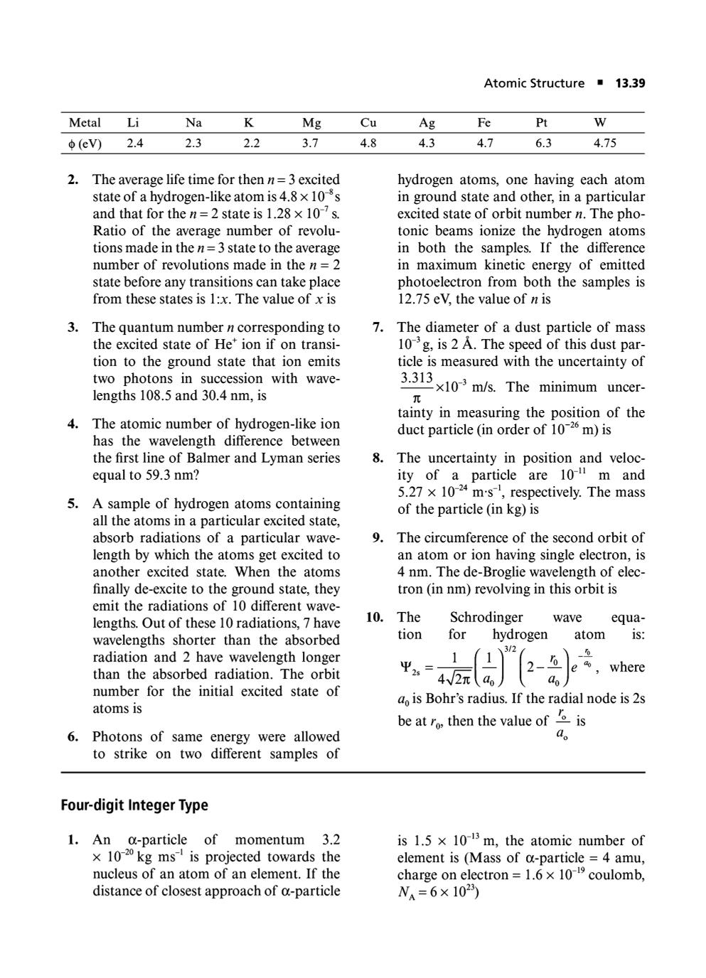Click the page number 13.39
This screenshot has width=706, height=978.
(x=630, y=83)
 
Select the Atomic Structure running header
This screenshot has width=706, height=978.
(x=533, y=83)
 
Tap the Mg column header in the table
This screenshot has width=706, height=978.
(x=311, y=122)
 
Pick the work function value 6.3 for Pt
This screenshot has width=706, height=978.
(x=542, y=143)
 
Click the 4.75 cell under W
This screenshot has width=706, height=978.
(x=604, y=143)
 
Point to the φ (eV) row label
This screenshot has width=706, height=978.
(x=85, y=143)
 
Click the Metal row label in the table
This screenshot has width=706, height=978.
(x=85, y=122)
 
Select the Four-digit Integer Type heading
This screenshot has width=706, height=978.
(x=134, y=805)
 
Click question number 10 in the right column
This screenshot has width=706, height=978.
(x=375, y=617)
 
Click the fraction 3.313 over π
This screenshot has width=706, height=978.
(x=417, y=387)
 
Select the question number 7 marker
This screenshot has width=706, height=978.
(x=379, y=327)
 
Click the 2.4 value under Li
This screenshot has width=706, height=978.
(x=135, y=143)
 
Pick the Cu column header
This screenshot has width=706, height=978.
(x=368, y=122)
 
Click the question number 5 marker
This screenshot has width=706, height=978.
(x=73, y=503)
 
